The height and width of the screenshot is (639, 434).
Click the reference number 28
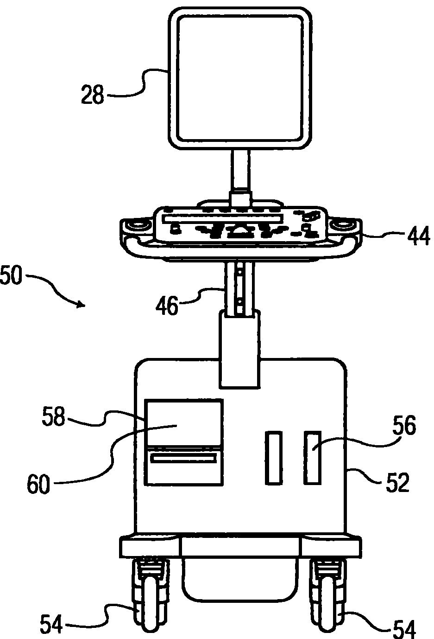click(x=92, y=96)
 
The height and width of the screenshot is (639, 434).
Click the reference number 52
click(x=396, y=482)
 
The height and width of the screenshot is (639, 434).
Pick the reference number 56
click(x=404, y=426)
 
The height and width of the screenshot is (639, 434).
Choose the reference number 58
click(x=53, y=416)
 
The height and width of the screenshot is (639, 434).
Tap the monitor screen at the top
click(x=240, y=77)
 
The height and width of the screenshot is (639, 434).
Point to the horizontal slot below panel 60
click(x=183, y=459)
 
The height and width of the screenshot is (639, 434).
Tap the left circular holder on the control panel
click(x=138, y=225)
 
